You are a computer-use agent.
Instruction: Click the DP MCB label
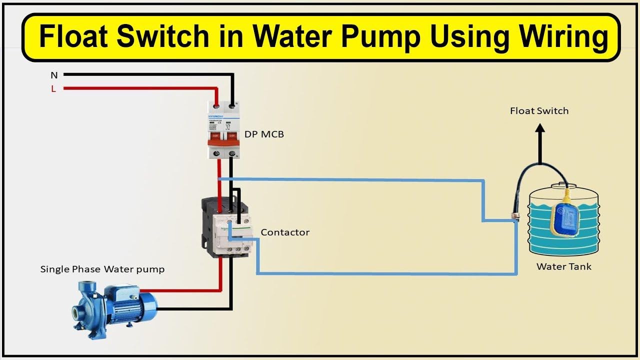[264, 134]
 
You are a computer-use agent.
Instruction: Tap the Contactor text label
[285, 232]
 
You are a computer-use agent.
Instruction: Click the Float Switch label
[539, 111]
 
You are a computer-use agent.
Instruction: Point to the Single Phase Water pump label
[102, 269]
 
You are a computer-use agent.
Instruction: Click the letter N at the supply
[54, 75]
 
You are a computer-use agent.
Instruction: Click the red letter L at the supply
[53, 89]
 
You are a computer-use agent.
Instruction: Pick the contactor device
[226, 227]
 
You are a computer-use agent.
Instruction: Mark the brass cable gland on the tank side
[513, 217]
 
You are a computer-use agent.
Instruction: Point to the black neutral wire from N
[150, 75]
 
